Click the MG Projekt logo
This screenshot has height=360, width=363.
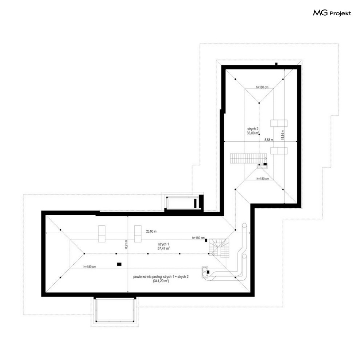tap(332, 13)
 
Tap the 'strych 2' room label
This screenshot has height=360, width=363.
tap(253, 129)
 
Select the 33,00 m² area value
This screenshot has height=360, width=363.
tap(253, 133)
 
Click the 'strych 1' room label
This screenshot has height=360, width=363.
tap(163, 244)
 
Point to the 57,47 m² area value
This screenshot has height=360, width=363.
tap(163, 248)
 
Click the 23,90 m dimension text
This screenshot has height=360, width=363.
tap(151, 231)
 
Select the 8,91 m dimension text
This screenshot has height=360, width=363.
tap(126, 244)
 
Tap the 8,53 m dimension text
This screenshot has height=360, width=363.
tap(269, 140)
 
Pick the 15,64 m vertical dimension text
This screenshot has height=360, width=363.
tap(282, 135)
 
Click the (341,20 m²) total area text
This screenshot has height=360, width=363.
tap(161, 281)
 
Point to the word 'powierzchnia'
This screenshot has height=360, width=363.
tap(142, 277)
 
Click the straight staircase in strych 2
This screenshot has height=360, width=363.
tap(248, 158)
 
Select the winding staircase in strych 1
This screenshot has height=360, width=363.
tap(219, 248)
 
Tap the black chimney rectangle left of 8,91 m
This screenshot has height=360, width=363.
tap(119, 264)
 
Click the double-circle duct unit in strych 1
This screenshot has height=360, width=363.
tap(205, 272)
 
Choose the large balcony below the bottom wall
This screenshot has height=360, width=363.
tap(115, 310)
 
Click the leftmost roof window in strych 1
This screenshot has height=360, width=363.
tap(102, 234)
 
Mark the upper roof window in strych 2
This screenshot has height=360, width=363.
tap(279, 123)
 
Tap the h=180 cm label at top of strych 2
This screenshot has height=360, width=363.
tap(262, 87)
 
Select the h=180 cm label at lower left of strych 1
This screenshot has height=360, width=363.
tap(90, 267)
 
